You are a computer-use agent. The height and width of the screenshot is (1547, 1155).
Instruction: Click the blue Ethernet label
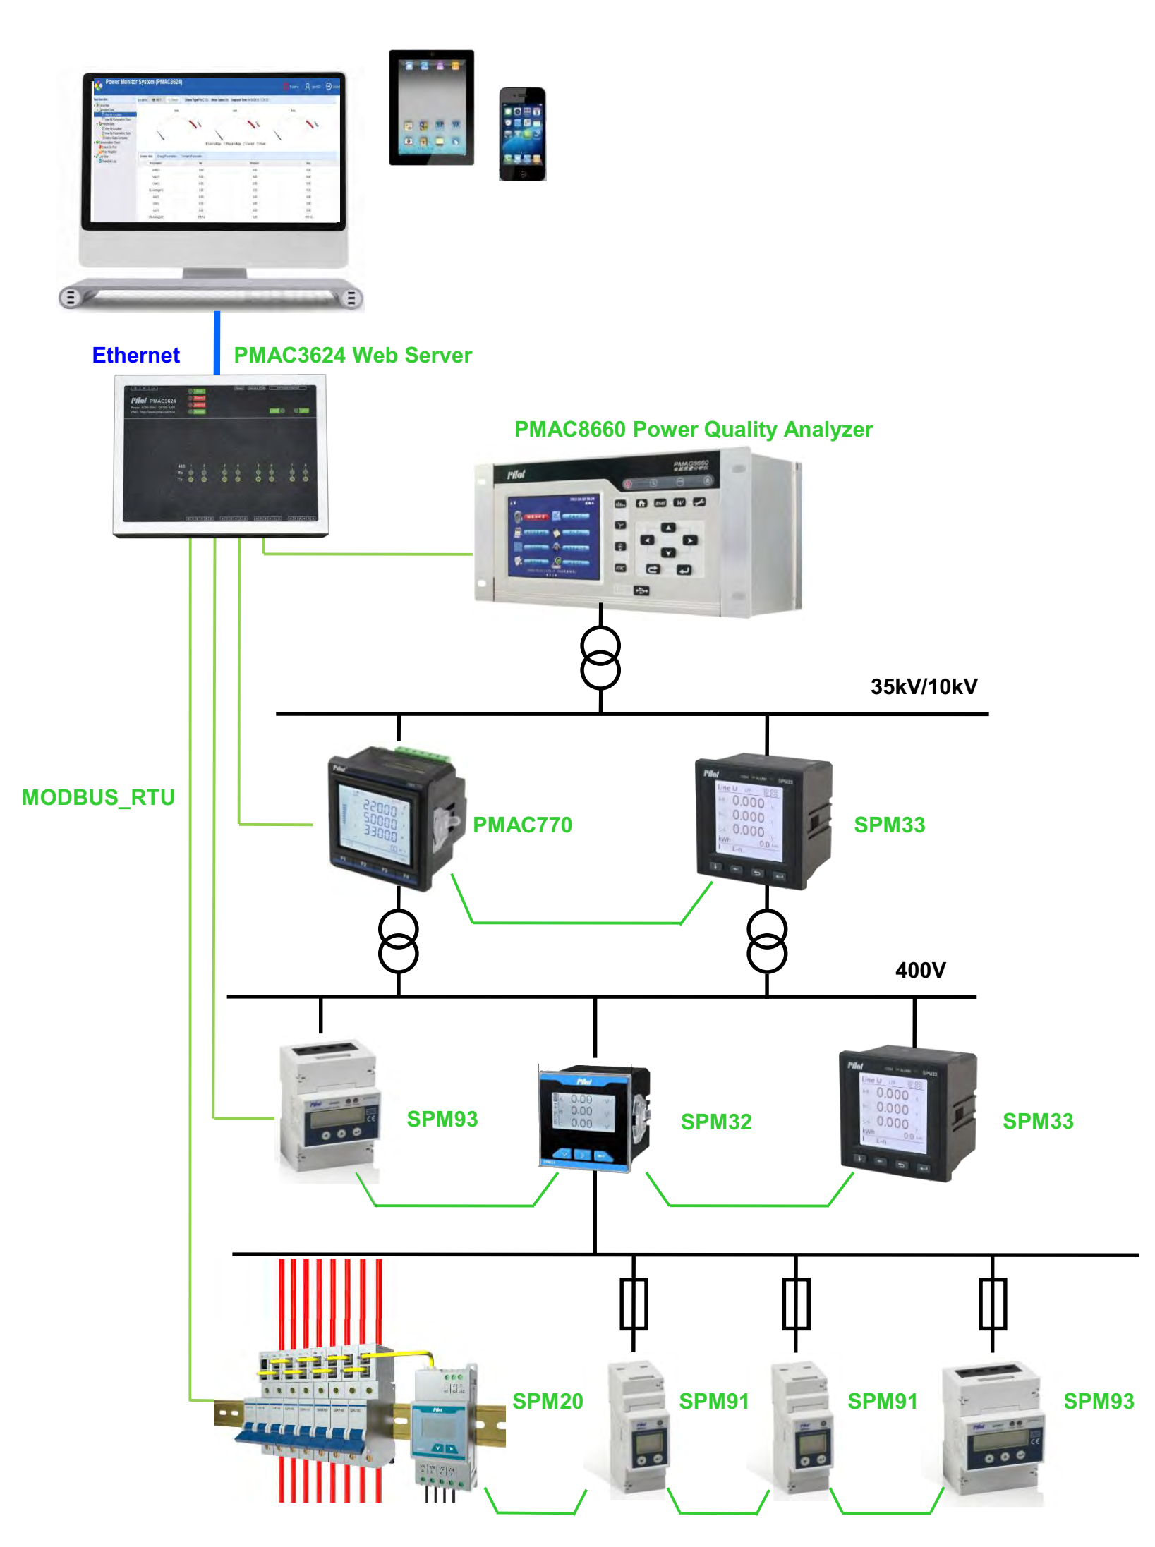(135, 355)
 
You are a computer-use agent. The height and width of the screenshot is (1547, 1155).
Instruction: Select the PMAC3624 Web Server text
(352, 355)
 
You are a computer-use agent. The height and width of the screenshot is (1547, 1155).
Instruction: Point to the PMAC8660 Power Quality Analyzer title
(693, 429)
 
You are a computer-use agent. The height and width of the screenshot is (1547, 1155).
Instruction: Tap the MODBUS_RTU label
(98, 797)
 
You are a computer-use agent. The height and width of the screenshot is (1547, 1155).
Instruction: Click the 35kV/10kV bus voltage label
(924, 686)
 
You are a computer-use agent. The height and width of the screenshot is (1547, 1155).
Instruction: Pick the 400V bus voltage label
(920, 970)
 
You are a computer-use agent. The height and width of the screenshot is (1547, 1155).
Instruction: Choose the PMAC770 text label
(522, 825)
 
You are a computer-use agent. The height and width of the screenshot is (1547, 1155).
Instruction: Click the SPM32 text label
(715, 1122)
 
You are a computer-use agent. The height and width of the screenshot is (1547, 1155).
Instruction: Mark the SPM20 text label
(548, 1401)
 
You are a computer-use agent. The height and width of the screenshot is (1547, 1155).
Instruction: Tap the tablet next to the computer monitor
(431, 107)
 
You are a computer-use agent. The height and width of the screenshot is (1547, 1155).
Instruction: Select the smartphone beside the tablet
(522, 134)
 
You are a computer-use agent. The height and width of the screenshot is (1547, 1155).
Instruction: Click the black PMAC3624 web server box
(220, 455)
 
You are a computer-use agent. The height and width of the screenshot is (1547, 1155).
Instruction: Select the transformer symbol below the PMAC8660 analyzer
(600, 658)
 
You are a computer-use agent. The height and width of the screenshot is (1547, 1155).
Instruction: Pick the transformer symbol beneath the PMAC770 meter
(399, 942)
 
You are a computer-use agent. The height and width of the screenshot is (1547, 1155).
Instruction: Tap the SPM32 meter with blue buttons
(594, 1118)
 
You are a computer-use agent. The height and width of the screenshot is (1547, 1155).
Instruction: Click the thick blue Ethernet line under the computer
(217, 342)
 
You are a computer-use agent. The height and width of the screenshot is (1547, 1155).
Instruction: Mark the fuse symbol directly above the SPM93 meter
(992, 1304)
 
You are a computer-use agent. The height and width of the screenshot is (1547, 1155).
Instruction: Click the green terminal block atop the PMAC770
(423, 753)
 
